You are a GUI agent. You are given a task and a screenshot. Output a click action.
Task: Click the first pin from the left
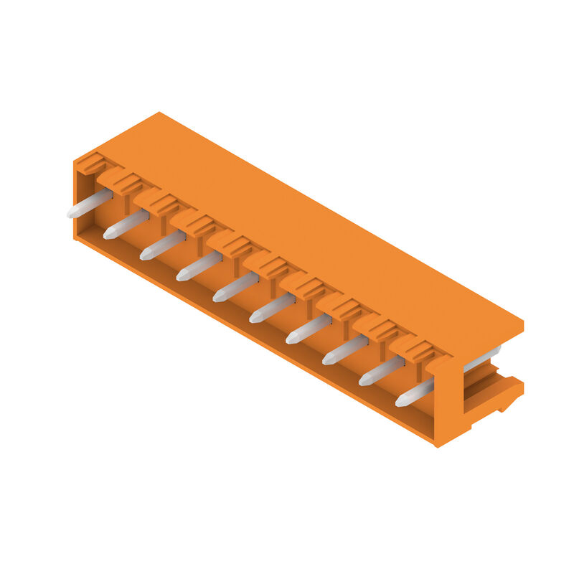click(x=90, y=204)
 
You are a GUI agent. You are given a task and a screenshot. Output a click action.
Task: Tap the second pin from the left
click(x=127, y=225)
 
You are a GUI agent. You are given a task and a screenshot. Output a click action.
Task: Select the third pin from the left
click(x=164, y=245)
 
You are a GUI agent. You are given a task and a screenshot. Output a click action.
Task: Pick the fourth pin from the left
click(x=200, y=266)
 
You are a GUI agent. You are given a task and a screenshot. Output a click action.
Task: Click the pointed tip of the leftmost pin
click(x=72, y=213)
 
